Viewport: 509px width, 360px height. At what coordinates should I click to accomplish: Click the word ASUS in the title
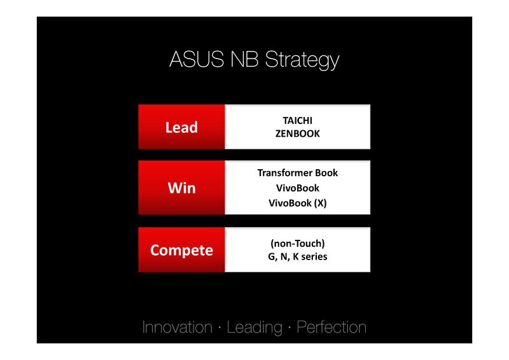click(x=197, y=59)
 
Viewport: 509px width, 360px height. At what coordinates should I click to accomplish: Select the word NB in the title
click(x=244, y=59)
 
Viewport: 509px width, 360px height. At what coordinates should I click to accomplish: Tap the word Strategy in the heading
click(x=302, y=60)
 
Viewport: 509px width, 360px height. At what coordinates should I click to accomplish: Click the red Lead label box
click(x=181, y=127)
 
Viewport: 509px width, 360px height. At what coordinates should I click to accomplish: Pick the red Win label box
click(x=181, y=188)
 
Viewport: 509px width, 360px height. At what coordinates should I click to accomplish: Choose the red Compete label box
click(x=181, y=250)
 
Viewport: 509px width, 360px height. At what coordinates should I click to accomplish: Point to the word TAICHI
click(x=297, y=121)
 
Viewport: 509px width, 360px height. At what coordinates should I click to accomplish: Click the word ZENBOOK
click(x=297, y=134)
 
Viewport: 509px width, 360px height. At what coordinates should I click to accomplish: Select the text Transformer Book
click(x=297, y=173)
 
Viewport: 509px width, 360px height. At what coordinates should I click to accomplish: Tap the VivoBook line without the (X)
click(x=297, y=188)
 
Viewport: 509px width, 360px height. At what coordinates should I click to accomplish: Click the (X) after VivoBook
click(x=320, y=203)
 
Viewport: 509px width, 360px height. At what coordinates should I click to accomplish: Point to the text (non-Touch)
click(x=297, y=244)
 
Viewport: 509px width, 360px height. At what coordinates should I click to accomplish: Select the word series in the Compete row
click(x=314, y=257)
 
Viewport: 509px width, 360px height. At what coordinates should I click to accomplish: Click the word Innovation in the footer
click(x=178, y=327)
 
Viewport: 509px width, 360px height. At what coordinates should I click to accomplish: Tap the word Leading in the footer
click(x=254, y=328)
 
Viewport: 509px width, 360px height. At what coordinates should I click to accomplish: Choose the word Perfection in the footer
click(x=331, y=327)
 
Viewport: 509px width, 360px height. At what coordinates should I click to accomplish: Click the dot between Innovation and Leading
click(x=220, y=328)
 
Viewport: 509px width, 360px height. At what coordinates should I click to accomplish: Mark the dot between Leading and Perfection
click(x=289, y=328)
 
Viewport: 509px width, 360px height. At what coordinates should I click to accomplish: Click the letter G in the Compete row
click(x=272, y=257)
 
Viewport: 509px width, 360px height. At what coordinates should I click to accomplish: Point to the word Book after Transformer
click(x=326, y=173)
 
